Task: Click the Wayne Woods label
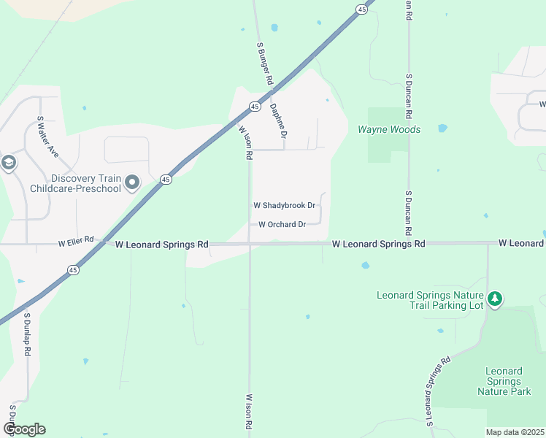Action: pyautogui.click(x=388, y=129)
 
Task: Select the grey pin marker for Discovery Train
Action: pyautogui.click(x=131, y=182)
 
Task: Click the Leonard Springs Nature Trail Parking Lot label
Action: pyautogui.click(x=430, y=300)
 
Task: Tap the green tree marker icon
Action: pyautogui.click(x=495, y=298)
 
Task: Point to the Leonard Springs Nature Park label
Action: pyautogui.click(x=504, y=381)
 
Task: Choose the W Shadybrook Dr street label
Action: pyautogui.click(x=284, y=206)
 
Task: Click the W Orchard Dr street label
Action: pyautogui.click(x=282, y=224)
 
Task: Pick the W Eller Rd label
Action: pyautogui.click(x=77, y=239)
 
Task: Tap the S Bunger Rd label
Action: pyautogui.click(x=264, y=64)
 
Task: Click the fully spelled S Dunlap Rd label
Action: pyautogui.click(x=27, y=335)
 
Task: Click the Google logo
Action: pyautogui.click(x=24, y=429)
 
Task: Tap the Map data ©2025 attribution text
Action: pyautogui.click(x=515, y=432)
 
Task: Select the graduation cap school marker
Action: pyautogui.click(x=9, y=162)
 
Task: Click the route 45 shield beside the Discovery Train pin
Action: pyautogui.click(x=166, y=180)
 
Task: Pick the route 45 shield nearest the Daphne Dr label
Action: pyautogui.click(x=254, y=107)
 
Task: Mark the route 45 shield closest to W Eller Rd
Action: pyautogui.click(x=72, y=270)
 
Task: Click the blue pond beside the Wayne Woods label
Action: pyautogui.click(x=442, y=128)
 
